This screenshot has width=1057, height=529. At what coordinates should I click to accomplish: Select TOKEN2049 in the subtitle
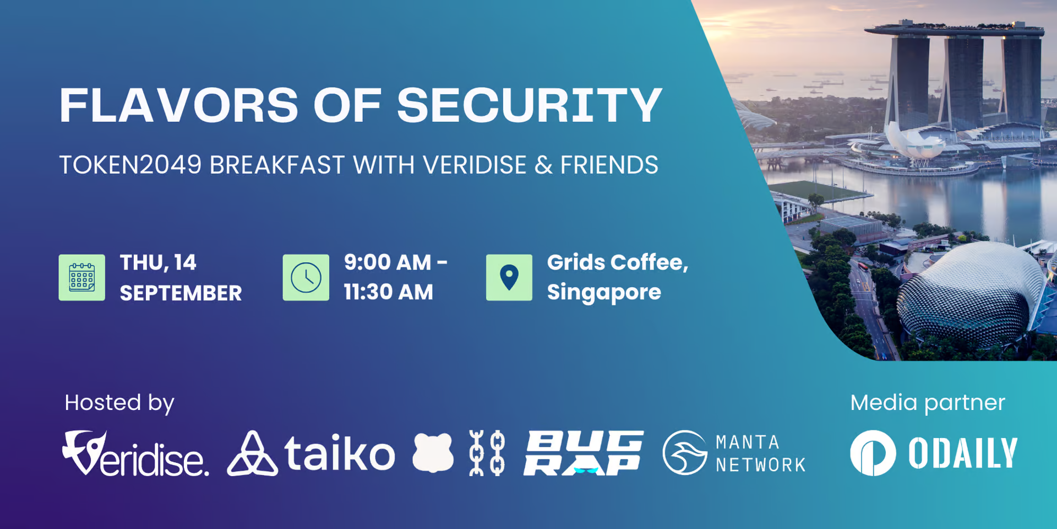pos(130,165)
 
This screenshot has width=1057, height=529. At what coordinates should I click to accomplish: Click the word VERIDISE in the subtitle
pos(475,165)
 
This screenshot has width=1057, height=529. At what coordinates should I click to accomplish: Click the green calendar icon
pos(82,277)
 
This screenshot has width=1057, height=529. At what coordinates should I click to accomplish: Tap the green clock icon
pos(306,277)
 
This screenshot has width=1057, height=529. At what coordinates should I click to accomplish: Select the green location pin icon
pos(509,277)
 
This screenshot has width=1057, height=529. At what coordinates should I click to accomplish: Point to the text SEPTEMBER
pos(181,293)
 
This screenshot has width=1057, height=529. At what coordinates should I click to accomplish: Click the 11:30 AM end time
pos(389,292)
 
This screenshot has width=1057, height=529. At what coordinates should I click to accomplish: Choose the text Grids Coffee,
pos(618,263)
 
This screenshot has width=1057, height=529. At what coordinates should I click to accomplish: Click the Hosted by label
pos(119,403)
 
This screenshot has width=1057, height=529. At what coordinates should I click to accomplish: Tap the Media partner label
pos(928,403)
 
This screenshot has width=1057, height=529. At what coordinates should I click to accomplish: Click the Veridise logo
pos(135,454)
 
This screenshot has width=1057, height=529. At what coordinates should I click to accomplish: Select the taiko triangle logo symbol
pos(252,454)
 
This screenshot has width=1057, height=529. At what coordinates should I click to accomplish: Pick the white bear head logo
pos(433,453)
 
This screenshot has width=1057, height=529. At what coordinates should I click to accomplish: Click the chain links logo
pos(487,453)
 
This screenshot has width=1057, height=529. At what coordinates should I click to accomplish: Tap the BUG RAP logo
pos(584,453)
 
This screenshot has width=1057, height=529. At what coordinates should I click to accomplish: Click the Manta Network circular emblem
pos(685,453)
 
